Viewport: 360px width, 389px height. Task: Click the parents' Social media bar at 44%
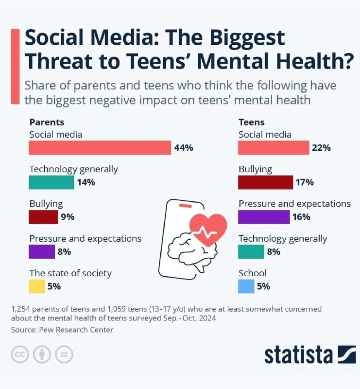point(100,148)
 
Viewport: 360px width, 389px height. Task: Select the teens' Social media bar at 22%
point(274,148)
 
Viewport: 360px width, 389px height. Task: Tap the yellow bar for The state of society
point(37,286)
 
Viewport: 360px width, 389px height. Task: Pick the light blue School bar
point(246,286)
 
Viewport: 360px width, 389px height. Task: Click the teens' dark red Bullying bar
point(265,182)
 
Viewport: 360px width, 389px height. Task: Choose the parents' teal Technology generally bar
point(51,182)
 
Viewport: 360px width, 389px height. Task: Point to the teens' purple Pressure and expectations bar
point(264,217)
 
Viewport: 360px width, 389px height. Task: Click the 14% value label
point(86,182)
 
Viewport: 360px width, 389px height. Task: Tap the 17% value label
point(305,182)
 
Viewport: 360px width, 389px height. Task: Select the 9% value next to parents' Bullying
point(68,217)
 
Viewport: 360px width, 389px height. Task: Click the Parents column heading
point(47,123)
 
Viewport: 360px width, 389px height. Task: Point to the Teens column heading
point(252,123)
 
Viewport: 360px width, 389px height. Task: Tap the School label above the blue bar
point(253,273)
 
